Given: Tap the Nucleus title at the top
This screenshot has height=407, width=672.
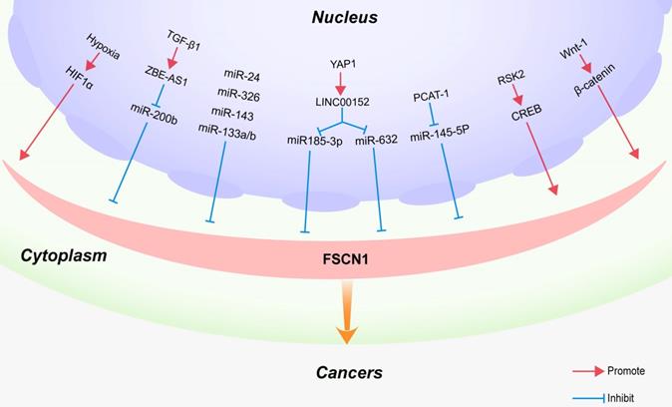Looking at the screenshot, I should (x=344, y=17).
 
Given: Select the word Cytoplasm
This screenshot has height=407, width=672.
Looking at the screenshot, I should (x=64, y=256).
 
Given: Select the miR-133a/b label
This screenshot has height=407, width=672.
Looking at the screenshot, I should (x=227, y=129).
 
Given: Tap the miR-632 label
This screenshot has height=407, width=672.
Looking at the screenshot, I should (x=378, y=141).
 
